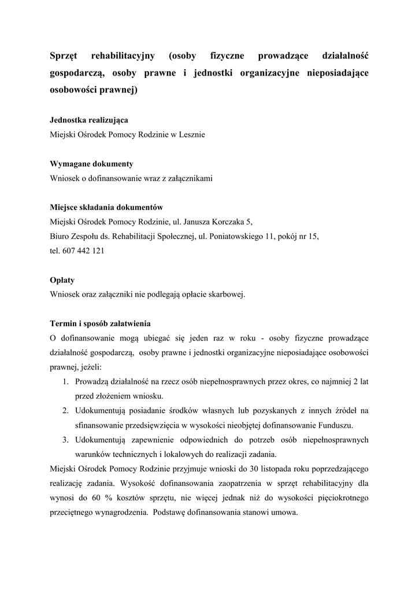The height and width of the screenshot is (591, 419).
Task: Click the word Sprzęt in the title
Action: (66, 56)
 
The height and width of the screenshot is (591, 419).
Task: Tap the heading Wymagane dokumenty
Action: (92, 164)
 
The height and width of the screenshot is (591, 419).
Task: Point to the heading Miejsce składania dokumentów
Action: (107, 207)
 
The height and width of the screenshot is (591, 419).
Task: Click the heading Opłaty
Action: (62, 280)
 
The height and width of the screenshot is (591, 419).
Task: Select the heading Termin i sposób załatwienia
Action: (101, 323)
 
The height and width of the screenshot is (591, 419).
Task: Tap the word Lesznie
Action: (192, 135)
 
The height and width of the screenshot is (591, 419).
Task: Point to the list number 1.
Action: (66, 381)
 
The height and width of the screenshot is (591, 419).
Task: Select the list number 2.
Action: (66, 410)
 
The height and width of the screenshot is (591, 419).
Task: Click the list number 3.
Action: (66, 440)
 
